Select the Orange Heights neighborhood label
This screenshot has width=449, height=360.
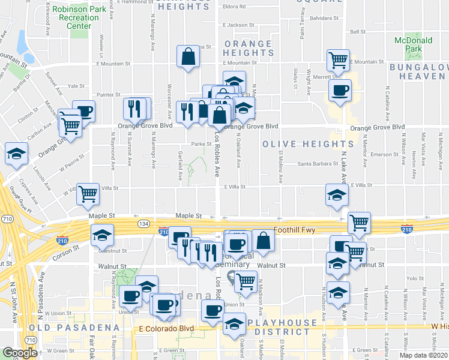(248, 49)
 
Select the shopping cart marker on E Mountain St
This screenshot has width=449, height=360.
(338, 60)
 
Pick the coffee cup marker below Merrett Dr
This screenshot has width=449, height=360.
(340, 91)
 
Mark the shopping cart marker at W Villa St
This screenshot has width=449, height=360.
(88, 194)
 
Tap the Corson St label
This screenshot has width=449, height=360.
(68, 247)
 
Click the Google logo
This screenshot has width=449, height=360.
(20, 353)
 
